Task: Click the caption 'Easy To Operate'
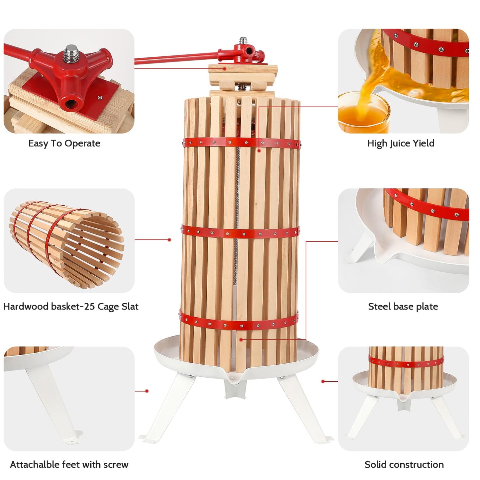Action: pos(64,144)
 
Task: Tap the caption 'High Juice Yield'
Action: pos(401,144)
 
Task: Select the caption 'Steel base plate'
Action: pos(403,307)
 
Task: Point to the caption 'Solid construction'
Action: pos(404,464)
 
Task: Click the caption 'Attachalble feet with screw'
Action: pos(69,464)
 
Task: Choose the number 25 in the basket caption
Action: pos(89,307)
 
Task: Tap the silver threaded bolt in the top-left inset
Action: pos(70,54)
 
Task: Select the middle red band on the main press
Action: pos(240,232)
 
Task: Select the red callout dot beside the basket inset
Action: pos(169,240)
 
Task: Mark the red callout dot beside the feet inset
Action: pos(147,391)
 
